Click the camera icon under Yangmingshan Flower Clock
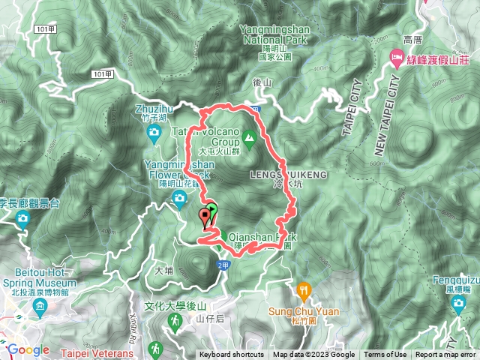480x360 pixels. coord(179,198)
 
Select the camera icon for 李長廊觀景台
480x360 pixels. coord(22,218)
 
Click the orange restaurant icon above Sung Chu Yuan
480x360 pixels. coord(304,288)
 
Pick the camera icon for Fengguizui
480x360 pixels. coord(459,304)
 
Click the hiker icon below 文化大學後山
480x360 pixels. coord(174,320)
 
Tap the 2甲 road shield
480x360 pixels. coord(223,265)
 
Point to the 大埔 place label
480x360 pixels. coord(163,268)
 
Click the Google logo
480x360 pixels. coord(28,349)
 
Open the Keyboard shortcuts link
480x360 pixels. coord(232,355)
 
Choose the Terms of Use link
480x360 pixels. coord(385,355)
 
